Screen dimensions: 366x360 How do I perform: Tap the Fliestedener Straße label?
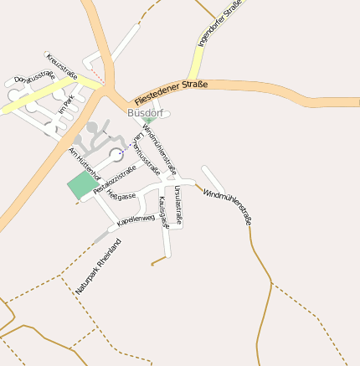170,92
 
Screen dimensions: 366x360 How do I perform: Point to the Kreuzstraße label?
63,67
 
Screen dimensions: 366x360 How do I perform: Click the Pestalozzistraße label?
114,181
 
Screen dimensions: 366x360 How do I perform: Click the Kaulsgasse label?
164,212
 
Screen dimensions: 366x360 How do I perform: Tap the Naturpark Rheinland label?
98,265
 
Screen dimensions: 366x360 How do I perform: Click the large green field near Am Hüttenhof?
82,185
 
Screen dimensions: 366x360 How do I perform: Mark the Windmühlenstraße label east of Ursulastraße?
228,207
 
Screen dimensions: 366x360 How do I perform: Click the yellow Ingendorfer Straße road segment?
196,62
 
